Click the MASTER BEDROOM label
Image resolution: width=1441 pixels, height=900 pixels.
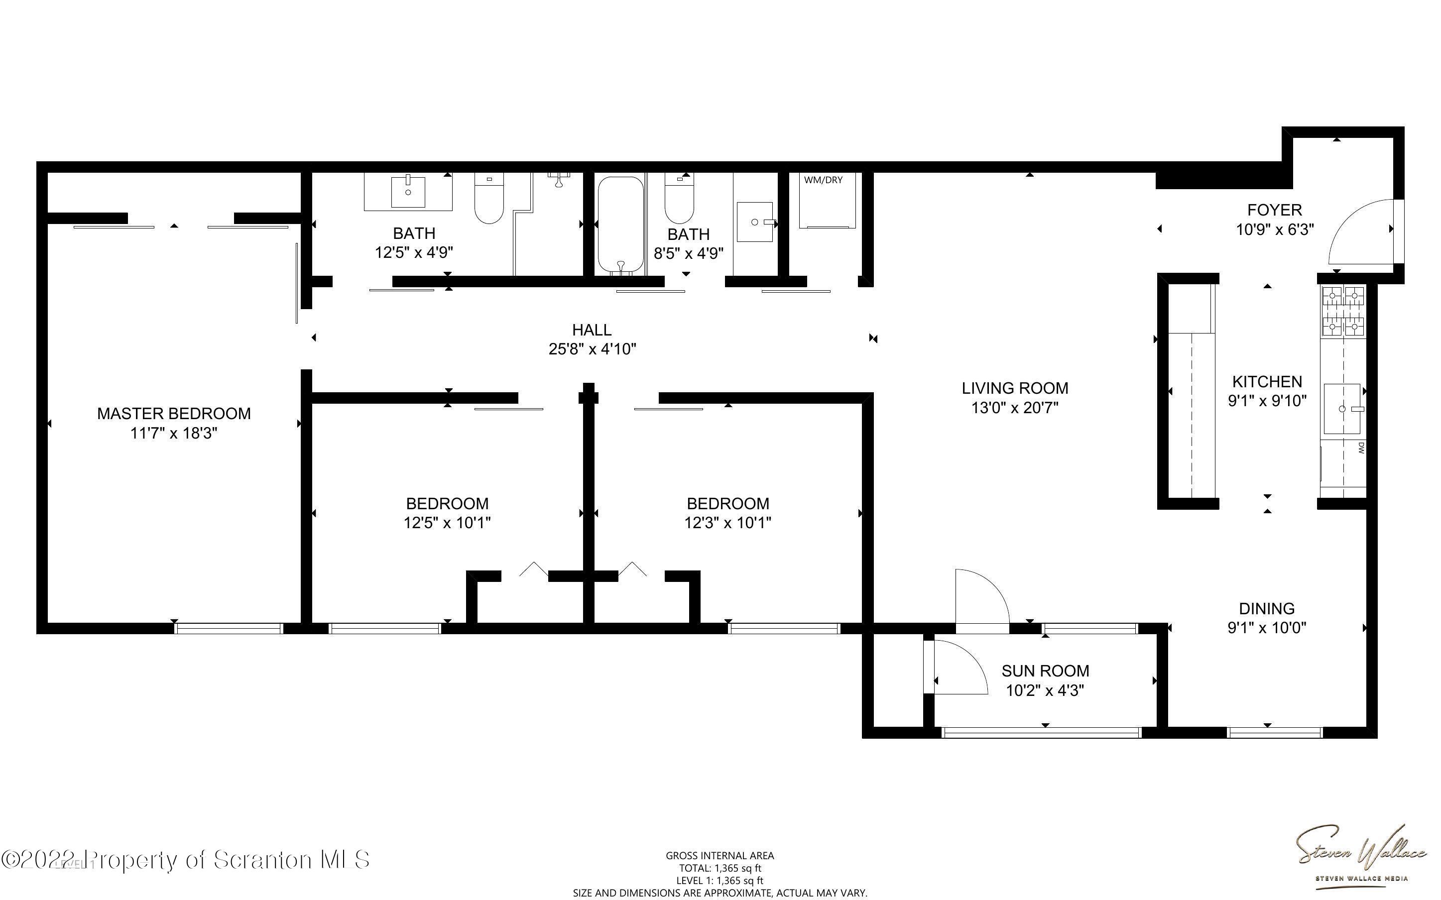point(174,413)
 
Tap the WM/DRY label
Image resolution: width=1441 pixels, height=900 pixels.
point(823,180)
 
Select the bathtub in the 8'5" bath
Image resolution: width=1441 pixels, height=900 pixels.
point(620,225)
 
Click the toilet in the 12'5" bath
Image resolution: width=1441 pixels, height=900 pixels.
point(489,198)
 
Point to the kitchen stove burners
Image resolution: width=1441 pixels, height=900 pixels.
point(1343,311)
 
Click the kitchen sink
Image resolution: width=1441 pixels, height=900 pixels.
point(1343,409)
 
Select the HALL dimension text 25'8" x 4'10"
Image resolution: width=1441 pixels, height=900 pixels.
point(592,349)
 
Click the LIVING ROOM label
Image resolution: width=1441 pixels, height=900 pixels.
point(1015,388)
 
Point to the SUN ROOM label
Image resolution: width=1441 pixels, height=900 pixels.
point(1045,671)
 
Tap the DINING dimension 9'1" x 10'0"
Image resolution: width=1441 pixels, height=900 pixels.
point(1267,627)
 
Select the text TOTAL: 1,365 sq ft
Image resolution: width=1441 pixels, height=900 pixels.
point(720,868)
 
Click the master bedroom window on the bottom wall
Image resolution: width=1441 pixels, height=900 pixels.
point(229,629)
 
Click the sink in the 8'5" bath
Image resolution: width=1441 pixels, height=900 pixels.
point(755,222)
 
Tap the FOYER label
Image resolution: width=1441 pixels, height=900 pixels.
point(1274,210)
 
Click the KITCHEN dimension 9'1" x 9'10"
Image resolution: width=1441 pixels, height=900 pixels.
point(1267,400)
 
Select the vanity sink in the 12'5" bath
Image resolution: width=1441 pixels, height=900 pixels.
point(408,192)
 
